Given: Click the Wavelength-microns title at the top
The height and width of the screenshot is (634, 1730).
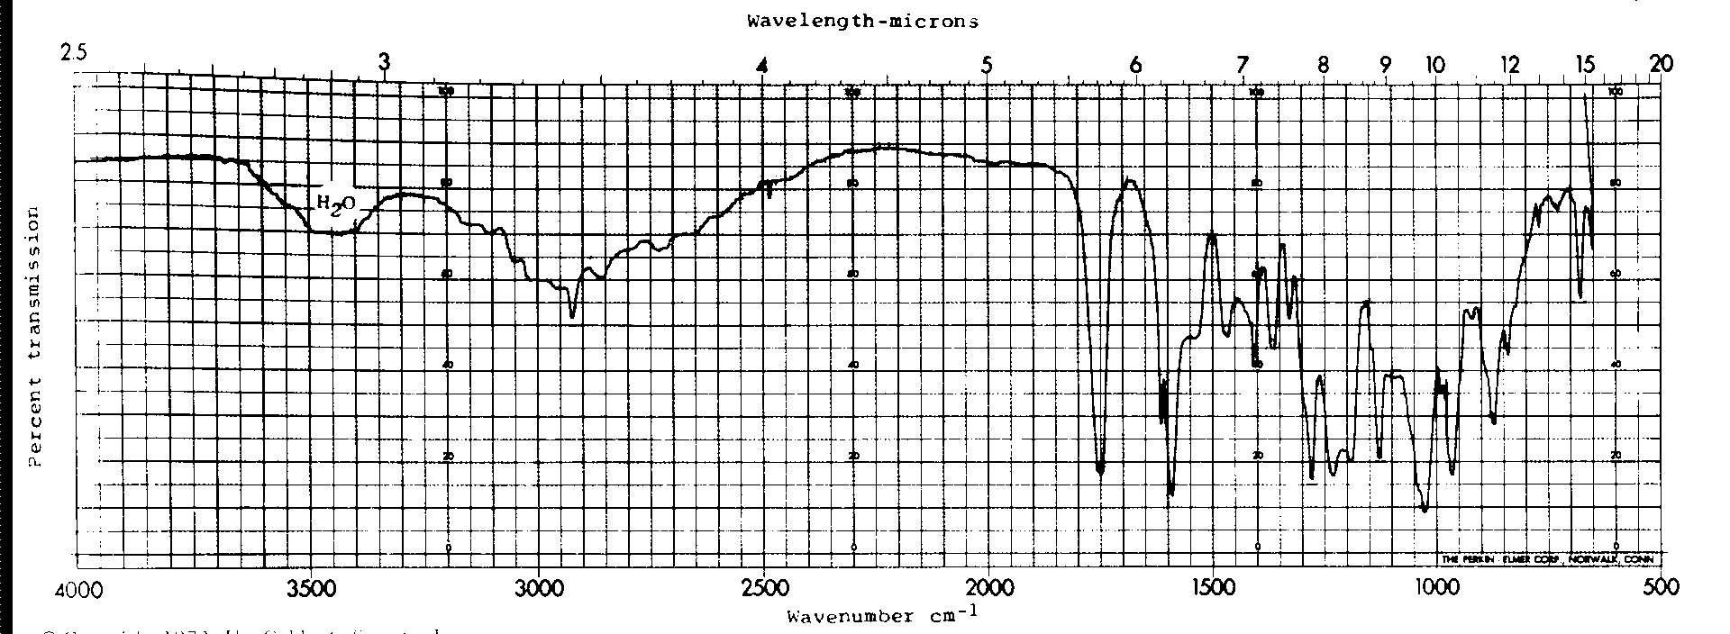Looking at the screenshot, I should click(863, 22).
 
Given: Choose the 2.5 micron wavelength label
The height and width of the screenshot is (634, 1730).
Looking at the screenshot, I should click(74, 52).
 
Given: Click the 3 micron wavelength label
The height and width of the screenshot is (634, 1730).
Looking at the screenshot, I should click(385, 62).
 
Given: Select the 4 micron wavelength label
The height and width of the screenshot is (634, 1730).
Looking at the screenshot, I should click(763, 65).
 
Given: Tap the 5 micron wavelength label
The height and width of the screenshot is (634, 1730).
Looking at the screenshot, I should click(988, 65).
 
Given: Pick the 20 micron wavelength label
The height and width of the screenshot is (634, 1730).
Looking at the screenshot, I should click(1661, 63).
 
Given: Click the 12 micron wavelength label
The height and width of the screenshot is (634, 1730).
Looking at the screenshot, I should click(1509, 65).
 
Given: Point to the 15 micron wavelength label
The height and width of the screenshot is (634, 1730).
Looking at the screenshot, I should click(1585, 65).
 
